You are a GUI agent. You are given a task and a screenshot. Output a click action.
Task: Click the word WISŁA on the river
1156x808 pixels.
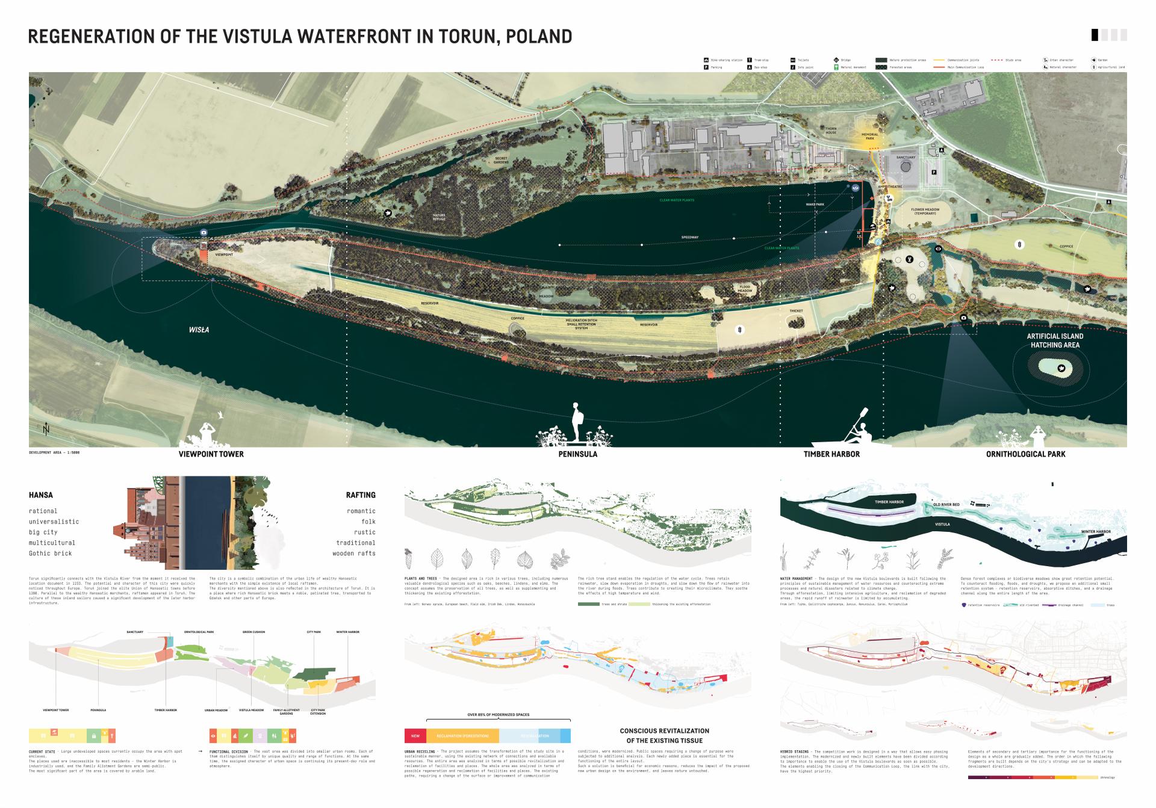(199, 330)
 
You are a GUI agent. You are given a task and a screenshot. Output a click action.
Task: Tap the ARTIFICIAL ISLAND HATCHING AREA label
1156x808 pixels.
(1055, 341)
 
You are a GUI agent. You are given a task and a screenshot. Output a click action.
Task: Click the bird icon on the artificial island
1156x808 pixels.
(1061, 369)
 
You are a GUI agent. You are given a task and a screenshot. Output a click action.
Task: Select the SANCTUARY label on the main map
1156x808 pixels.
(905, 158)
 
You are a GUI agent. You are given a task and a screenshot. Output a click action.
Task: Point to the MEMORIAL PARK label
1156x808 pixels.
(869, 137)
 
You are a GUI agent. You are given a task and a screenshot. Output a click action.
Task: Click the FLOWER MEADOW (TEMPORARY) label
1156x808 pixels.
(925, 212)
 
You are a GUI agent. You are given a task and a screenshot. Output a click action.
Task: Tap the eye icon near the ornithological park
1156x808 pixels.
(938, 249)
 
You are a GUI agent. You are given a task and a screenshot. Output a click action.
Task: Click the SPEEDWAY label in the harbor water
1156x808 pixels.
(690, 238)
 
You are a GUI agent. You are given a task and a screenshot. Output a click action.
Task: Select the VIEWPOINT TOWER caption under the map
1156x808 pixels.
(211, 454)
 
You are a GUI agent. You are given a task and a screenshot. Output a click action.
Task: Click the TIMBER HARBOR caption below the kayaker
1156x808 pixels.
(831, 454)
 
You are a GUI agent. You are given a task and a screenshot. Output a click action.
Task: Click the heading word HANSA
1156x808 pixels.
(41, 495)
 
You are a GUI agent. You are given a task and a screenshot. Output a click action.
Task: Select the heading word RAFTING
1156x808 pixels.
(360, 495)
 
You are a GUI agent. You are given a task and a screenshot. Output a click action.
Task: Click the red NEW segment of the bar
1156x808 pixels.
(415, 736)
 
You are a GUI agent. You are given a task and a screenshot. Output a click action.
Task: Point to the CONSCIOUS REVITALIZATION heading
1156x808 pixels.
(664, 731)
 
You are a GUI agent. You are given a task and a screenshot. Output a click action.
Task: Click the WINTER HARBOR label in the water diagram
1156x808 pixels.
(1095, 532)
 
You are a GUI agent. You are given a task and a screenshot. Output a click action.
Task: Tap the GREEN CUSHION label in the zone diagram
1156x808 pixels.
(253, 632)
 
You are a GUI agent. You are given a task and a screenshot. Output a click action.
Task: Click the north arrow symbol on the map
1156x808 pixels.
(46, 429)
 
